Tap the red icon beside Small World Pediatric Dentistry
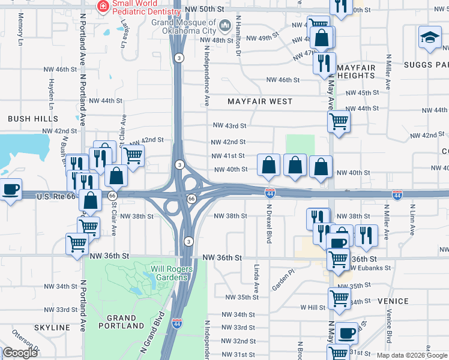[103, 6]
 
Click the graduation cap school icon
[430, 38]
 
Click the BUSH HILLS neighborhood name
[33, 119]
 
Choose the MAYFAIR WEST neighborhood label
[260, 101]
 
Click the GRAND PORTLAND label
[125, 321]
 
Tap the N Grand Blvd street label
[152, 331]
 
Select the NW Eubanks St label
[370, 268]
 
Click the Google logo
[20, 353]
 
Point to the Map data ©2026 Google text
[411, 355]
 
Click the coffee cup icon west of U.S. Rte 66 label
[10, 190]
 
